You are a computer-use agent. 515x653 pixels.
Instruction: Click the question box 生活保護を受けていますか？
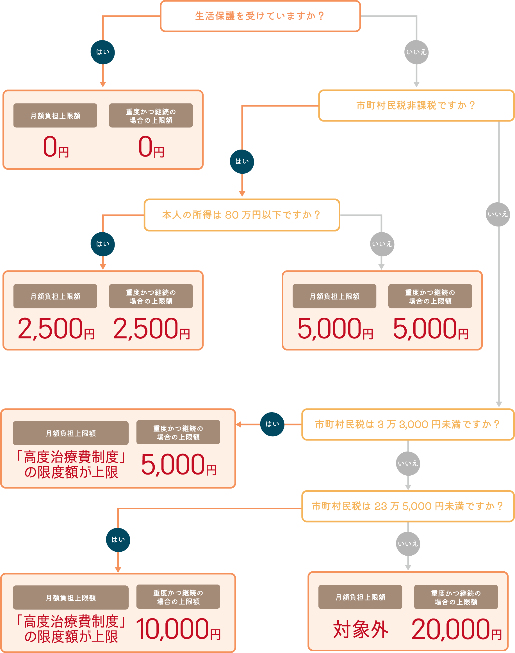pos(260,16)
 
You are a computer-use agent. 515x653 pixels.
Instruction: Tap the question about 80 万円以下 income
pos(241,215)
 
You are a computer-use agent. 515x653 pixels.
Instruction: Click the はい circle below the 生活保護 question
pos(102,52)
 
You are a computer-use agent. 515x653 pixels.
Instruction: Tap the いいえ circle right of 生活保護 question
pos(416,52)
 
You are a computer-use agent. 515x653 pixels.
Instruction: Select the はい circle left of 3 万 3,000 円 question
pos(272,424)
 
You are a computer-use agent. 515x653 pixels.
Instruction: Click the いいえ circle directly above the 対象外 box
pos(408,544)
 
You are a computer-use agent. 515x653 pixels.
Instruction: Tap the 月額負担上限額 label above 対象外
pos(360,597)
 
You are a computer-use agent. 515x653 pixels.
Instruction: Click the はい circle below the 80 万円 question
pos(102,244)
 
